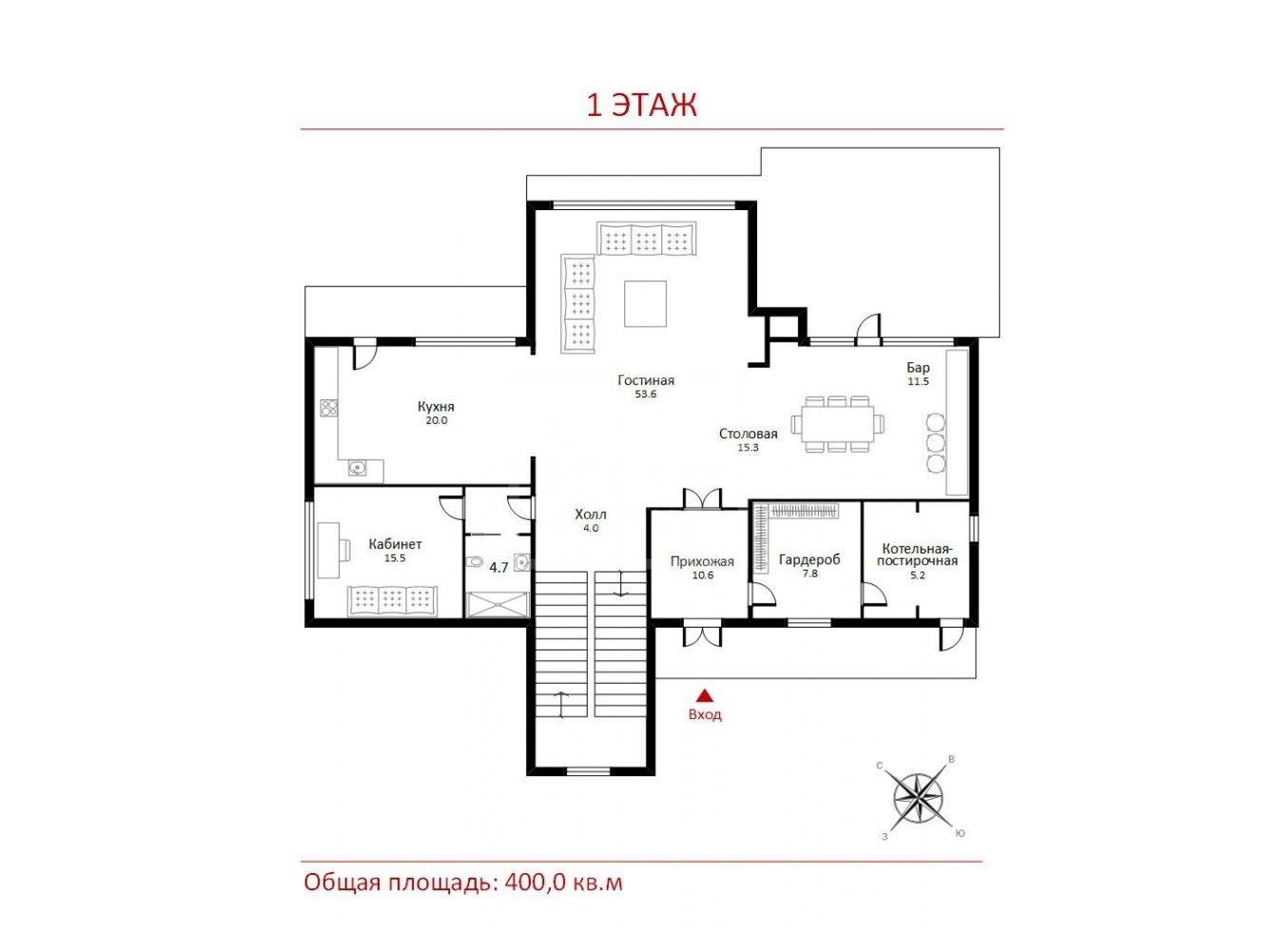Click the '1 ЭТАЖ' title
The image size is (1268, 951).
point(641,106)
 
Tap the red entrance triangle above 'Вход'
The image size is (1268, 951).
point(704,695)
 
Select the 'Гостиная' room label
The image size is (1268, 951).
point(646,380)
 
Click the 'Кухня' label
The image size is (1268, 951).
point(437,406)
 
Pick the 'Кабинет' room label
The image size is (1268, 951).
point(395,544)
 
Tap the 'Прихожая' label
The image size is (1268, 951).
point(702,561)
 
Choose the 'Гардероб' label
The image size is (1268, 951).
point(810,559)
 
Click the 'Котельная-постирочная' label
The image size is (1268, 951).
point(917,554)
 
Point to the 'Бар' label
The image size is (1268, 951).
point(918,368)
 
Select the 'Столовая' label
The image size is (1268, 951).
point(748,434)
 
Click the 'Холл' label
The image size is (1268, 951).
point(591,514)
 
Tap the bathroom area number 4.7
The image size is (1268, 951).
point(498,568)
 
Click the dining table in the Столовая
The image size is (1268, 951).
point(837,424)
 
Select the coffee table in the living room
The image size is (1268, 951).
point(645,303)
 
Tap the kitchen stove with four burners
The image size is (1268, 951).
point(329,408)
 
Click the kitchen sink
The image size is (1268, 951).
point(358,468)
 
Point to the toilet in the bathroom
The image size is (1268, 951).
point(475,561)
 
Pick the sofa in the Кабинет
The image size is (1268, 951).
point(392,601)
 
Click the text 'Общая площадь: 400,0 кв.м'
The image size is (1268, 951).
point(463,883)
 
